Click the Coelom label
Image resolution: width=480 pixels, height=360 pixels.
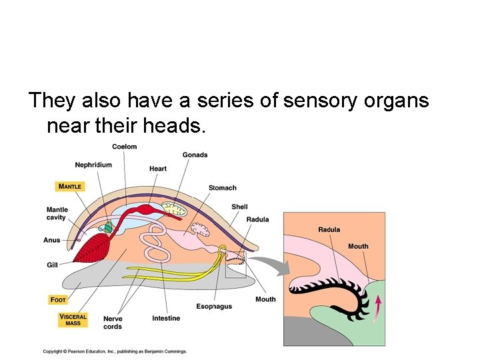(124, 147)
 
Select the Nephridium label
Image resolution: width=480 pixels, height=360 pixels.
(93, 165)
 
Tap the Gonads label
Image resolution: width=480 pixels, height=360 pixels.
(195, 155)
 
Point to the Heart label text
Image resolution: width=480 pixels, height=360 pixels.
(158, 169)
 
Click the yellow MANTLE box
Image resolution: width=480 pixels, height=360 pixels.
(69, 187)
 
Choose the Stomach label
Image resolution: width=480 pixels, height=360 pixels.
(222, 188)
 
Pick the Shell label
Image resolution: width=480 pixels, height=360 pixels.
(239, 207)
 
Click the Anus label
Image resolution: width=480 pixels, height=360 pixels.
(52, 240)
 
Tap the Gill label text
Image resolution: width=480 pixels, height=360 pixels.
(52, 265)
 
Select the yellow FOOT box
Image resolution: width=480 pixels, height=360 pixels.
(58, 299)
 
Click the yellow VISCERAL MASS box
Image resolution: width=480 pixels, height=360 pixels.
(73, 320)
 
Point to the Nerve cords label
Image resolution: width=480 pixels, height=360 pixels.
(113, 323)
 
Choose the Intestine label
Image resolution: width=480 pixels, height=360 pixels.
(165, 318)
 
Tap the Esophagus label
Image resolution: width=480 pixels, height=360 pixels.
(214, 306)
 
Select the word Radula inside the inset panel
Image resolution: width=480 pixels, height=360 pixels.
(329, 230)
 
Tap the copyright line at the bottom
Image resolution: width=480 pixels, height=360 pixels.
(115, 351)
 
